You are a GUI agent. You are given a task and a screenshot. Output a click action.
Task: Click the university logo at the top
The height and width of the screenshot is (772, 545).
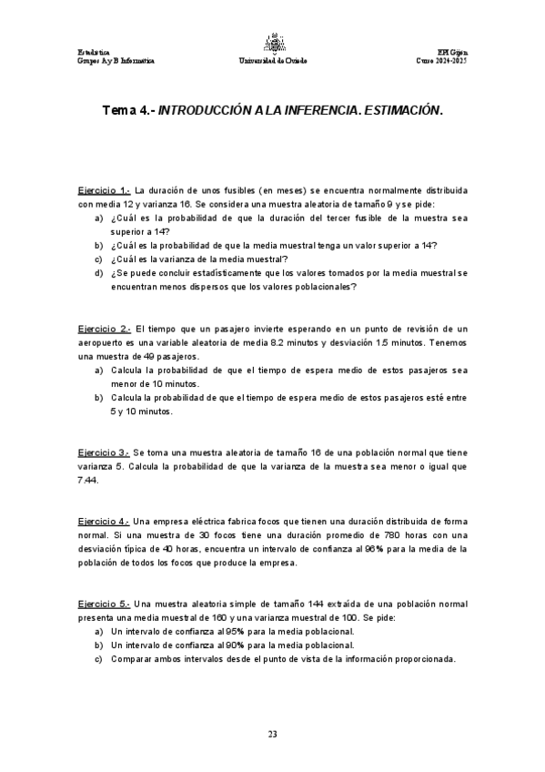271,42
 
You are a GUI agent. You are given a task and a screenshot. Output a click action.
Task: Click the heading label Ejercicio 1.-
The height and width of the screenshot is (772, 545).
105,190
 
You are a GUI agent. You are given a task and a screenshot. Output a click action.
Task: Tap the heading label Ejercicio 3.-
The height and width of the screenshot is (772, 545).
104,452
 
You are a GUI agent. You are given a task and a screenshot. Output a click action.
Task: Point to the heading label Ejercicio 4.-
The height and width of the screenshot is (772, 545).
104,522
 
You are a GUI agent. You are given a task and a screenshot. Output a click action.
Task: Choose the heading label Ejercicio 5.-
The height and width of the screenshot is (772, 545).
104,604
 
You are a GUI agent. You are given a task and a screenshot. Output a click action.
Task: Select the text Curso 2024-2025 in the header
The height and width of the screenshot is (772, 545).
440,61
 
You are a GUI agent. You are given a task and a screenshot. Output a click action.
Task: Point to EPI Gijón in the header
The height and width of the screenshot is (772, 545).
451,52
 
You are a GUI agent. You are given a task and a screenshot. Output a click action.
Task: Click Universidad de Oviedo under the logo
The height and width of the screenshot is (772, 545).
271,61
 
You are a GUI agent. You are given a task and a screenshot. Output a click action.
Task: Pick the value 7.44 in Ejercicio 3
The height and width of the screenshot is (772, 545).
89,481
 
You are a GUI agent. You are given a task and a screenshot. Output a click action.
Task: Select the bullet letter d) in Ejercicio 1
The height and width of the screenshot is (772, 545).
99,273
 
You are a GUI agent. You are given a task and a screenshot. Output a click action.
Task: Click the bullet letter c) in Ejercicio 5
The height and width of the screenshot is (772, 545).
99,659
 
